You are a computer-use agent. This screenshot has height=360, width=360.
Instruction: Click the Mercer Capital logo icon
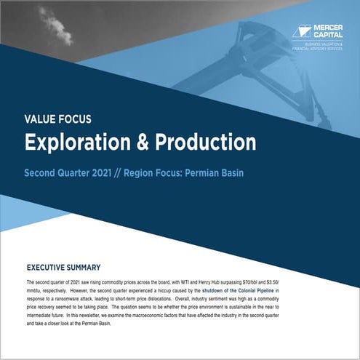tap(301, 31)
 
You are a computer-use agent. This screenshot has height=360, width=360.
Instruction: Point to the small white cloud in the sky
tap(56, 26)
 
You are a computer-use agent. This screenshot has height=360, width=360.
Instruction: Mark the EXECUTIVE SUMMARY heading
tap(73, 267)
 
